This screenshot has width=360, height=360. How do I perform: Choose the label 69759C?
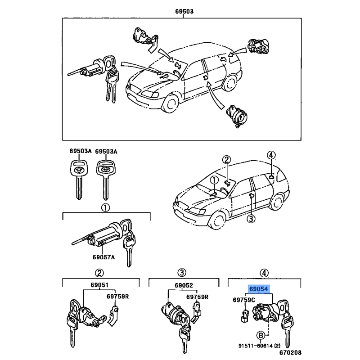click(x=243, y=299)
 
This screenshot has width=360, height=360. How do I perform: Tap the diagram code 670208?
click(x=290, y=353)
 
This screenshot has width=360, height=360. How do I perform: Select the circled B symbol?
click(x=260, y=335)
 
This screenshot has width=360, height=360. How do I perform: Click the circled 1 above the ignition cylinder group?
click(x=105, y=207)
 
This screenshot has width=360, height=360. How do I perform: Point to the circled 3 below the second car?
click(x=251, y=219)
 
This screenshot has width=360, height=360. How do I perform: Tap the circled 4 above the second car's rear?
click(x=270, y=155)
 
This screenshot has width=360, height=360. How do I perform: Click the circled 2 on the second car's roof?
click(x=226, y=160)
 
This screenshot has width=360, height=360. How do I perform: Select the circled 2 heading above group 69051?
click(x=98, y=273)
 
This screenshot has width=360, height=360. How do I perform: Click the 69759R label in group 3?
click(x=198, y=297)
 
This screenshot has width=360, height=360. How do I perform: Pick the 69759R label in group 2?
click(x=117, y=297)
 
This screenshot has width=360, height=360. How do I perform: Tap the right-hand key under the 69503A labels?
click(x=104, y=178)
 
